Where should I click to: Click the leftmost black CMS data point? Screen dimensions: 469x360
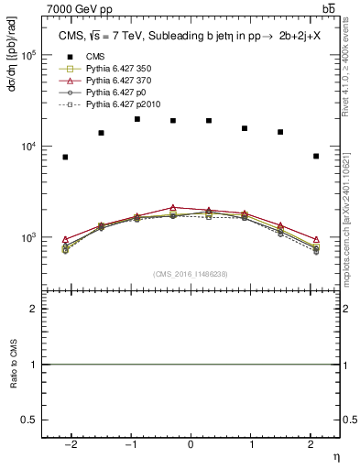[x=65, y=157]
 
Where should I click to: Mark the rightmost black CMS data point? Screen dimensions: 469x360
[x=316, y=156]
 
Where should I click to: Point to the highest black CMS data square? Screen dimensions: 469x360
[x=137, y=119]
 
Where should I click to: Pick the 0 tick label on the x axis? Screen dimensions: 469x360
[x=191, y=444]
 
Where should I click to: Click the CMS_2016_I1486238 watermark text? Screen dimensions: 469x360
[x=191, y=274]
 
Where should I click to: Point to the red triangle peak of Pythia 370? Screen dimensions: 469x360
[x=173, y=208]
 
